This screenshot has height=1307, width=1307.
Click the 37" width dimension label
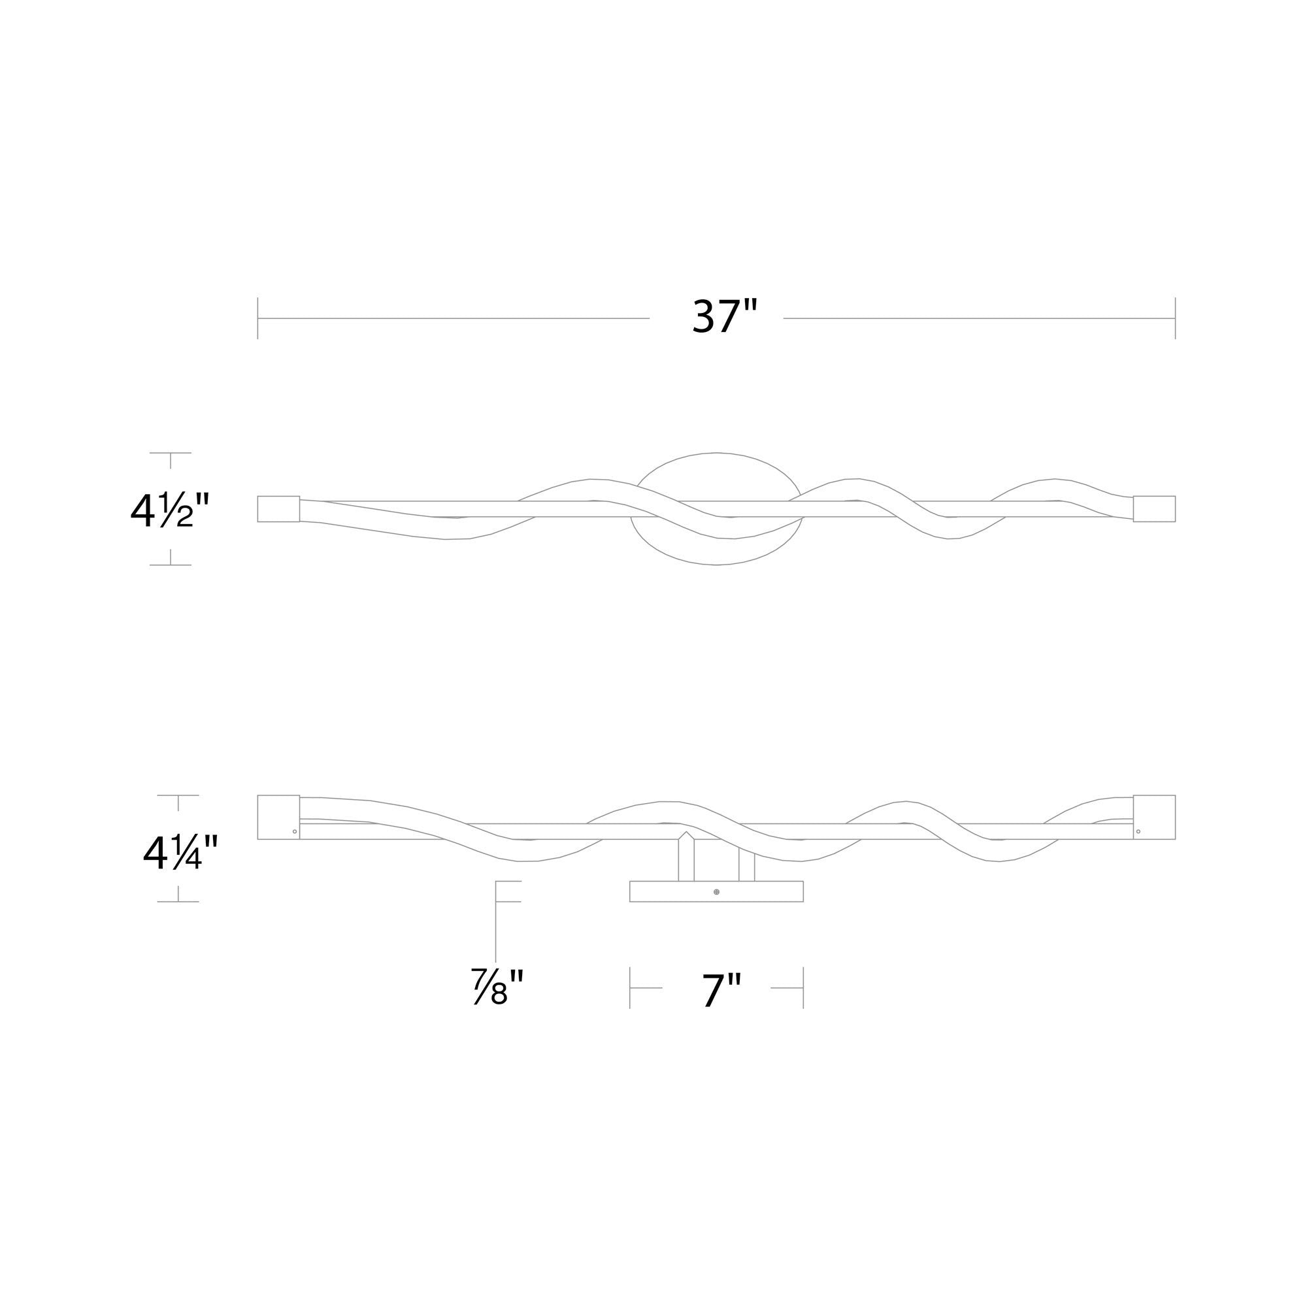(x=716, y=316)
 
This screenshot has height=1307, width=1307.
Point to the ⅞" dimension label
(x=499, y=987)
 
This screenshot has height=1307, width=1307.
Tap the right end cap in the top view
(x=1154, y=508)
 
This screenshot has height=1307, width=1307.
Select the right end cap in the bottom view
(x=1154, y=818)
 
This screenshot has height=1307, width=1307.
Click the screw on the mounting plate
(x=716, y=891)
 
